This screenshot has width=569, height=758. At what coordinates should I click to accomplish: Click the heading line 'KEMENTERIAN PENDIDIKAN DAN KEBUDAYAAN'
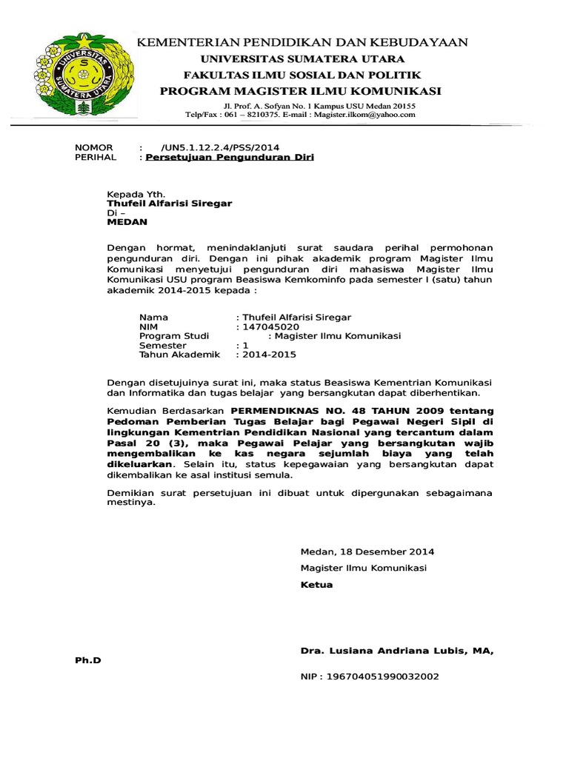pyautogui.click(x=300, y=43)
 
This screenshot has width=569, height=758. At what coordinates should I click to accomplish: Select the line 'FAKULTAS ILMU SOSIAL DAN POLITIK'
pyautogui.click(x=302, y=75)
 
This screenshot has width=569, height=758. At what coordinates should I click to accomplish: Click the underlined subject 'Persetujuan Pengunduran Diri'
pyautogui.click(x=230, y=158)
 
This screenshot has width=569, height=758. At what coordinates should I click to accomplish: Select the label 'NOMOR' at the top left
pyautogui.click(x=94, y=147)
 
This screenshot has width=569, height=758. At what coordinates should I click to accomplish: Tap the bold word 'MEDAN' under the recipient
pyautogui.click(x=127, y=221)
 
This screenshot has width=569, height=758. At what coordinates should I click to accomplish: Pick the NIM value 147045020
pyautogui.click(x=267, y=326)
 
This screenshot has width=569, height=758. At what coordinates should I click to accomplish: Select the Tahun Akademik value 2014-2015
pyautogui.click(x=267, y=355)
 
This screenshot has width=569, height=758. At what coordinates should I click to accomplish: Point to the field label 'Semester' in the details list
pyautogui.click(x=163, y=345)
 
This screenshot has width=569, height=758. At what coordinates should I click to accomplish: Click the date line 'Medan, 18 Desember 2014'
pyautogui.click(x=367, y=551)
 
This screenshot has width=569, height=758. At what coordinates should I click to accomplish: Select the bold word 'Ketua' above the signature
pyautogui.click(x=316, y=584)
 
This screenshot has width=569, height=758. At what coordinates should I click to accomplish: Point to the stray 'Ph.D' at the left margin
pyautogui.click(x=87, y=660)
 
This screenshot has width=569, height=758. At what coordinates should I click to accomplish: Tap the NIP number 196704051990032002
pyautogui.click(x=370, y=676)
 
